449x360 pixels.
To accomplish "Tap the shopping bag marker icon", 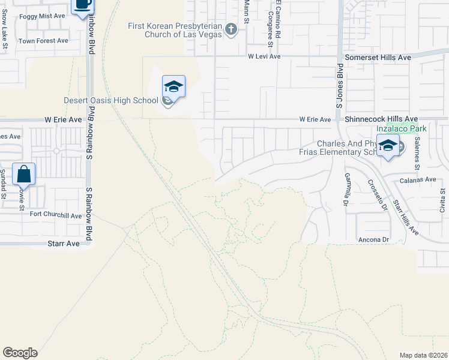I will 23,174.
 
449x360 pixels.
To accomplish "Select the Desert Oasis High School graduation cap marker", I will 173,86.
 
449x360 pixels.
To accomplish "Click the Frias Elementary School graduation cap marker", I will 388,145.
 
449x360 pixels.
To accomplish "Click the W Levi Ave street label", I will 264,56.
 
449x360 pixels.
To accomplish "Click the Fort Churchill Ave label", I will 56,215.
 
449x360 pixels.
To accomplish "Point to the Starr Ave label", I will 64,244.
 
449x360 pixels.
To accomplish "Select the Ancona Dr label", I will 373,239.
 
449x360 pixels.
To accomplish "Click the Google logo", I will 20,353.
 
